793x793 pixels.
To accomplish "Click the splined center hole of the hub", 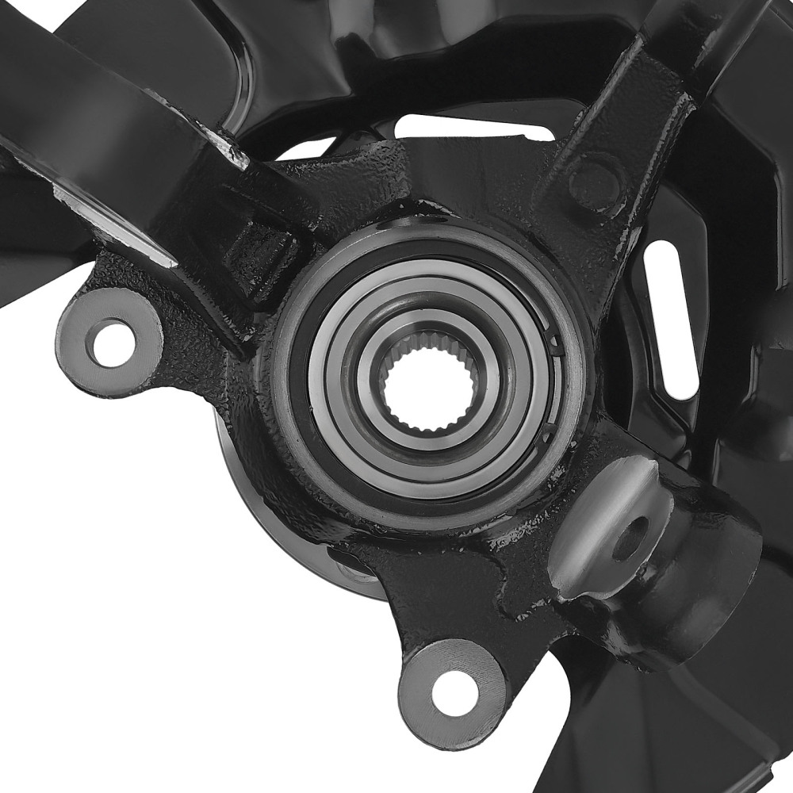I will [x=428, y=386].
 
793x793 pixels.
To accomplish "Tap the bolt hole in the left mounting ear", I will [x=112, y=343].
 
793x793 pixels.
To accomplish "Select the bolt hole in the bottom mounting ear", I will [x=454, y=690].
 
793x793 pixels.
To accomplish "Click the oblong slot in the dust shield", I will [x=671, y=317].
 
